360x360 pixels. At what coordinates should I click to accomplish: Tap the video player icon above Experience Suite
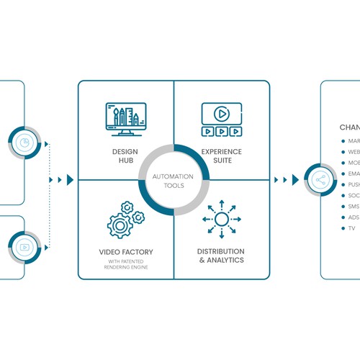coord(221,120)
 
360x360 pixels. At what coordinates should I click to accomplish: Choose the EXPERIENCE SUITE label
coord(222,156)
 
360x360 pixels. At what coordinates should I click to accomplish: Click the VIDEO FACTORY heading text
coord(126,252)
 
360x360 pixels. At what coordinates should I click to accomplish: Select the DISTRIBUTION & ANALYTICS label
coord(221,256)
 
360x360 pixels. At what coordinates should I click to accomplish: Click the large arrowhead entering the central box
coord(70,179)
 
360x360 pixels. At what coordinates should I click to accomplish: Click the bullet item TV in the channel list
coord(352,228)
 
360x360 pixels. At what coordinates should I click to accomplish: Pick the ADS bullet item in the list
coord(353,217)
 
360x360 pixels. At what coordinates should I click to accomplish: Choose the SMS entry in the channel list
coord(353,206)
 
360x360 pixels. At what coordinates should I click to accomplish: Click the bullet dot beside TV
coord(341,228)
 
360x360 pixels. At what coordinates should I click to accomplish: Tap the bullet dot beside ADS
coord(341,217)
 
